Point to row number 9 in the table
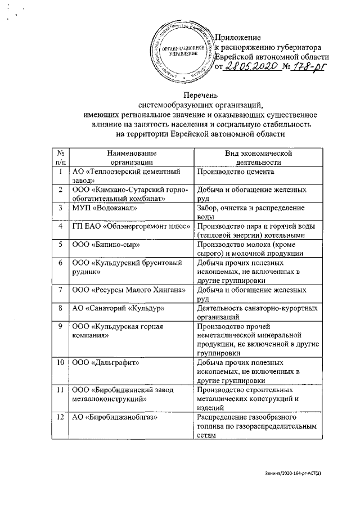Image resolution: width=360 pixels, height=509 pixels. (60, 326)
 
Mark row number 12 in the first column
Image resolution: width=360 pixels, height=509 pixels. (60, 417)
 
